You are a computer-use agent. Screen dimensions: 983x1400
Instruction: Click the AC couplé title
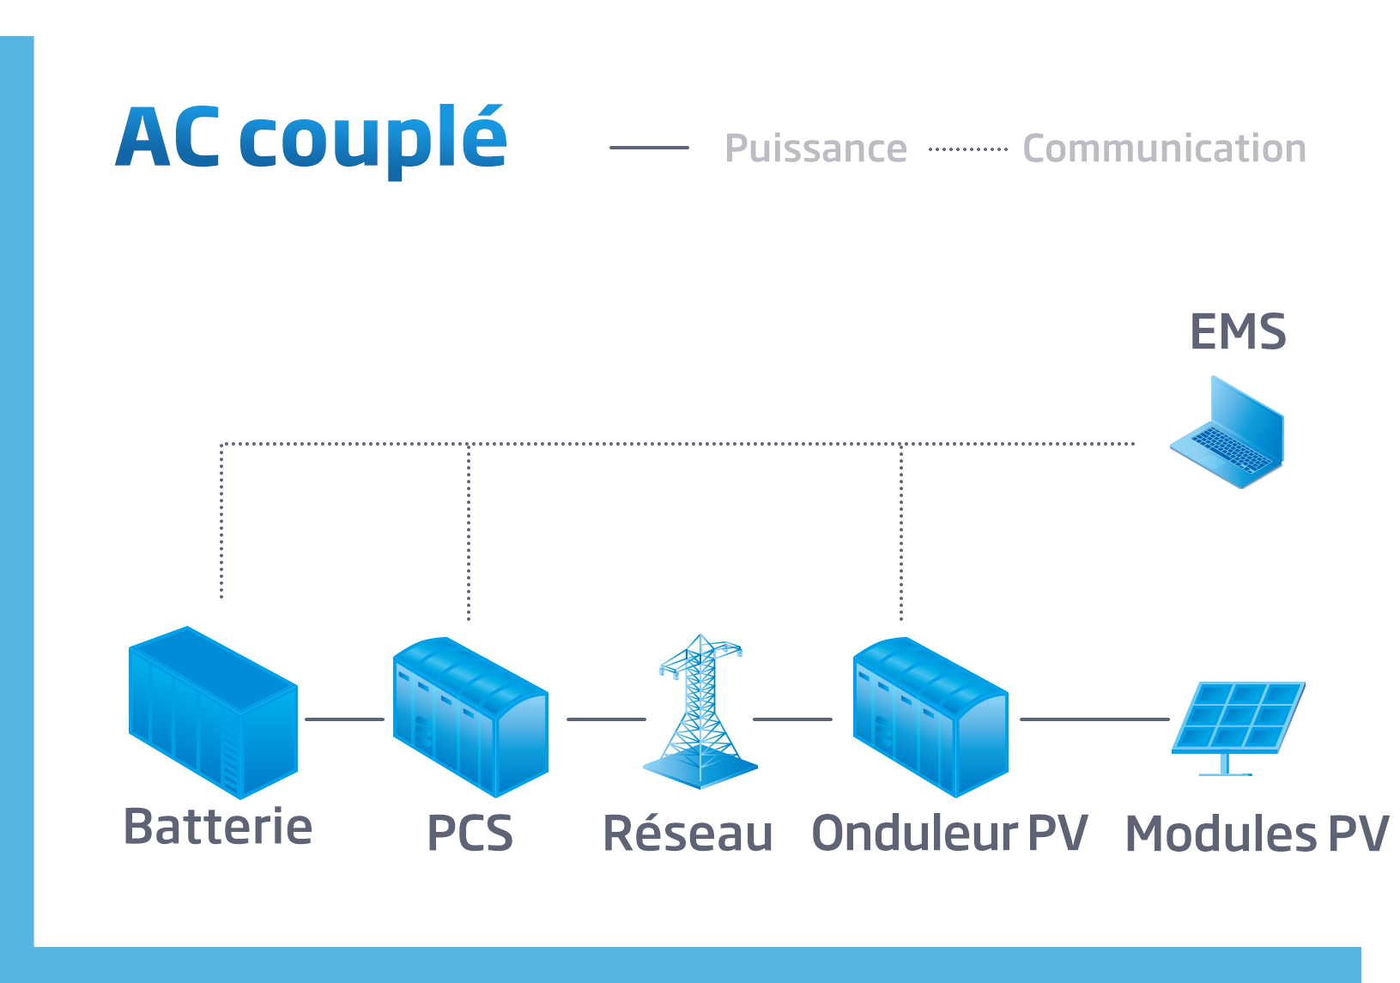click(x=311, y=139)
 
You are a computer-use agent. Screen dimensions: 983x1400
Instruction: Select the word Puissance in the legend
click(x=815, y=149)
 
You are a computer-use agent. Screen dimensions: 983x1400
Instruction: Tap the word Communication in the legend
click(x=1164, y=149)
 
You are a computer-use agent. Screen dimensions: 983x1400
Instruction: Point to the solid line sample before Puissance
click(x=649, y=148)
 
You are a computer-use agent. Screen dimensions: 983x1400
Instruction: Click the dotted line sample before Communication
click(x=967, y=149)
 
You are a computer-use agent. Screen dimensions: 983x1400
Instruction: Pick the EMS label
click(x=1238, y=332)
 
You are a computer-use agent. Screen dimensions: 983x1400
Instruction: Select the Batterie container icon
click(x=213, y=713)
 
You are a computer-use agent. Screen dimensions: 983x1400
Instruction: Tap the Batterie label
click(x=218, y=827)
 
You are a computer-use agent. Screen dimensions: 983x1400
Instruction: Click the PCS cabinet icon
click(x=470, y=717)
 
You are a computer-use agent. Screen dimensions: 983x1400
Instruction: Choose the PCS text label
click(x=470, y=834)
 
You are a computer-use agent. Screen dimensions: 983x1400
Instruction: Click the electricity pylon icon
click(x=700, y=713)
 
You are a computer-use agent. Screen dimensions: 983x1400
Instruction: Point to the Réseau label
click(x=688, y=834)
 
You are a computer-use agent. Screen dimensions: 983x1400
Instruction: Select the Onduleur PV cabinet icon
click(x=930, y=717)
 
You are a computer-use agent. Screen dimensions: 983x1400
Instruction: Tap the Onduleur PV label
click(x=949, y=834)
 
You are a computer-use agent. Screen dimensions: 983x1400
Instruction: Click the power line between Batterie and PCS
click(x=344, y=719)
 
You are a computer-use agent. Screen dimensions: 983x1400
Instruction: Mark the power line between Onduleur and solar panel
click(x=1094, y=719)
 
